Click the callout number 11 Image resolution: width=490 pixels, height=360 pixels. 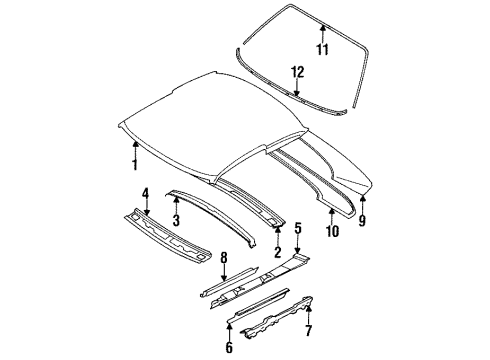pyautogui.click(x=323, y=49)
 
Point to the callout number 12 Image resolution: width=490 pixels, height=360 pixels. pyautogui.click(x=297, y=70)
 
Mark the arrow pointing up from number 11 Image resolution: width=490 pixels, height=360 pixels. pyautogui.click(x=323, y=33)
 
